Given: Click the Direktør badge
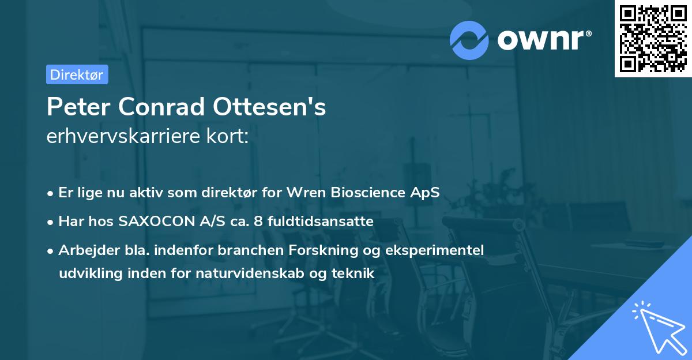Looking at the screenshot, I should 77,74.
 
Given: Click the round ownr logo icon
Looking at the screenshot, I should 469,40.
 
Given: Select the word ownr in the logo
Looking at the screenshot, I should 543,40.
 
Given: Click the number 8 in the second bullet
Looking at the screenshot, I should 245,221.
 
